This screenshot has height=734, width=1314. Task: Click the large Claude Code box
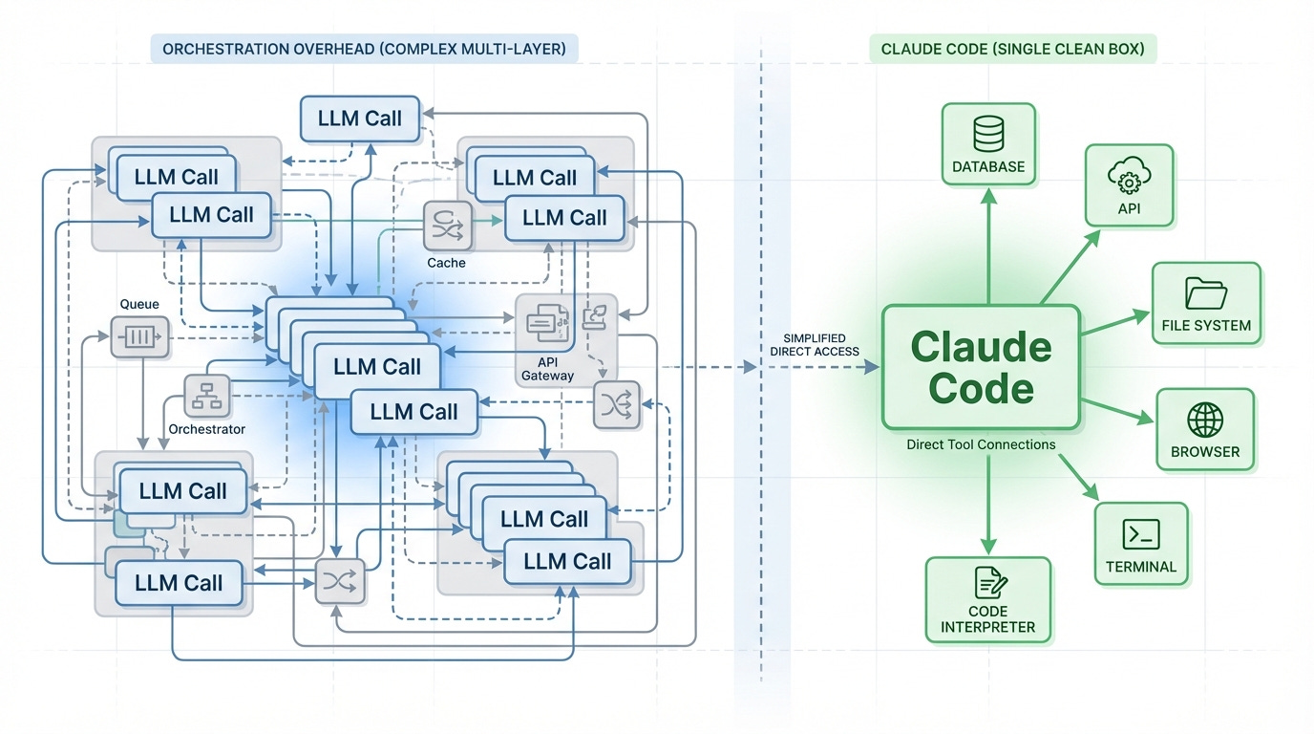pos(982,367)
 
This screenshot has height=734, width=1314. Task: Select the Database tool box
pos(988,143)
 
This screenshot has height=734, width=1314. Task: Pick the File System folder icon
pos(1206,292)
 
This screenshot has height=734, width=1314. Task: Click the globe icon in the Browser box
pos(1205,420)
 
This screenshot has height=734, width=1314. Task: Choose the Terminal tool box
pos(1141,543)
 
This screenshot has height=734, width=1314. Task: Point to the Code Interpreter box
pos(988,598)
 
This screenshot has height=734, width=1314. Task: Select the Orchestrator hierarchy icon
pos(207,396)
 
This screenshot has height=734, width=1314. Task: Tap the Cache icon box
pos(447,226)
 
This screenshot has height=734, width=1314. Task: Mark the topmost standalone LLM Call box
pos(360,119)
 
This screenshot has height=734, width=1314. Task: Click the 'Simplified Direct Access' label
pos(814,345)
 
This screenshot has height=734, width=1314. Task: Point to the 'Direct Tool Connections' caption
pos(981,444)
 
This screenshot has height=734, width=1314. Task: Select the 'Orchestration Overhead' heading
pos(365,49)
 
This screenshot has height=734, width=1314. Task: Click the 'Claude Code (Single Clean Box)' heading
pos(1012,49)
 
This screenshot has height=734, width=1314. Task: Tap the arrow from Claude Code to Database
pos(988,244)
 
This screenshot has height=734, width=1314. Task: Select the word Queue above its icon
pos(138,304)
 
